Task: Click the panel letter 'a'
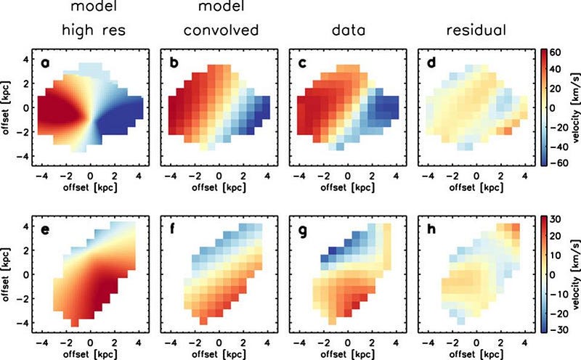[45, 64]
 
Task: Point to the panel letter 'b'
[174, 64]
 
